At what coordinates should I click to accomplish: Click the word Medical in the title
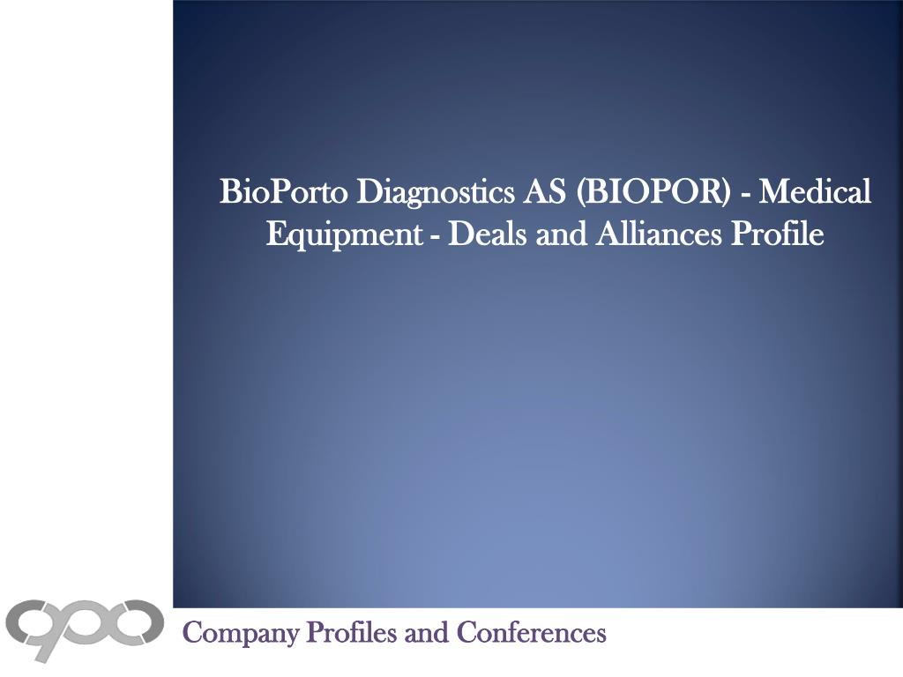[816, 191]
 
